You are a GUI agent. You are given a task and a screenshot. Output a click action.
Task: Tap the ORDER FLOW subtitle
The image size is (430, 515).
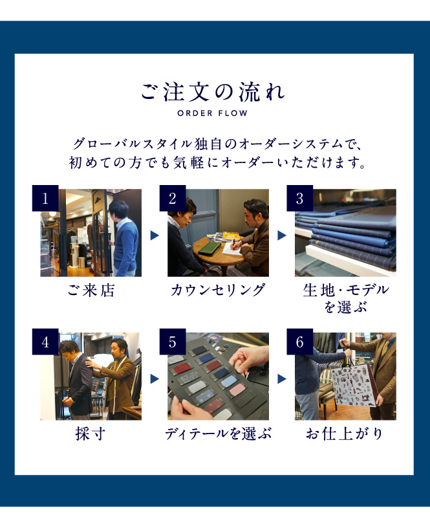point(212,113)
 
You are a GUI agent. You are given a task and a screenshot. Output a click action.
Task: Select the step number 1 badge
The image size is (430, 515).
point(45,198)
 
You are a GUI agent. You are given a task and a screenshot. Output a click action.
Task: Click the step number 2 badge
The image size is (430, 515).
point(173,198)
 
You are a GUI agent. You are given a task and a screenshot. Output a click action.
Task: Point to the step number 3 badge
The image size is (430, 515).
point(299,198)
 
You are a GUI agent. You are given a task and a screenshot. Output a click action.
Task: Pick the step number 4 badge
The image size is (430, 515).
point(45,342)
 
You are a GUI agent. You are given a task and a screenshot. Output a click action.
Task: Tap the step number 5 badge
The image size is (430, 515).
point(173,342)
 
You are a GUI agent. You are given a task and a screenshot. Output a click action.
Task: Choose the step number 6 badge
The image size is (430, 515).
point(299,342)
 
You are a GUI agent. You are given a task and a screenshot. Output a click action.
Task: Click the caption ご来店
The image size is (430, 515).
point(91,290)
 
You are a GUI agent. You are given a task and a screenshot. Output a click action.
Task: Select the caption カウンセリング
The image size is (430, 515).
point(218,290)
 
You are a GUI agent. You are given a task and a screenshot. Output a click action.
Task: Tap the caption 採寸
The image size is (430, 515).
point(91,433)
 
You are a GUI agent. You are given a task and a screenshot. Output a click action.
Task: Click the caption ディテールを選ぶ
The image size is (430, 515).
point(219,433)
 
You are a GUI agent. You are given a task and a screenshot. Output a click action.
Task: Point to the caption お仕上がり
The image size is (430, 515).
point(345,433)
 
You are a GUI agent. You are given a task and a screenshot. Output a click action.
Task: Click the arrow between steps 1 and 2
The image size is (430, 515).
point(155,235)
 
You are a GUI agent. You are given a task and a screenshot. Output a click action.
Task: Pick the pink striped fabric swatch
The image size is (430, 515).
point(237,389)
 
